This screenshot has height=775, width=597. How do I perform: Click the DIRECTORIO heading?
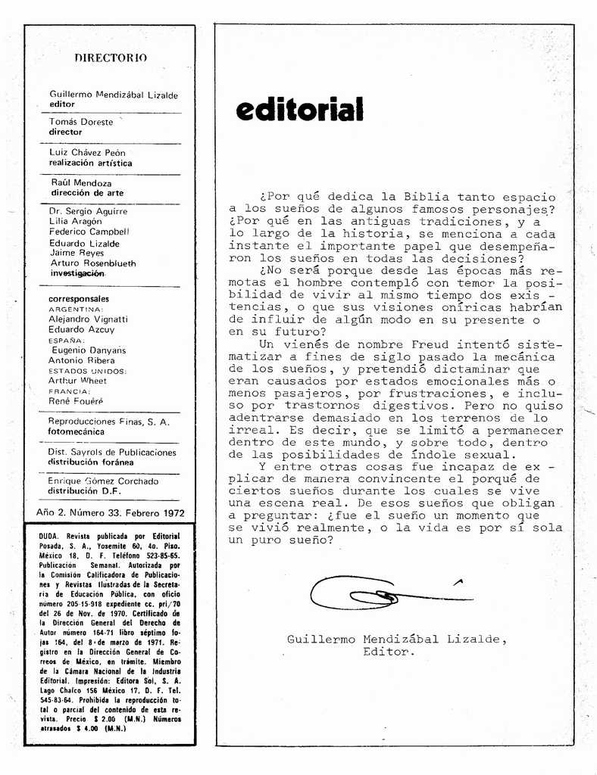click(x=111, y=58)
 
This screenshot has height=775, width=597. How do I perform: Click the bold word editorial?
click(x=299, y=110)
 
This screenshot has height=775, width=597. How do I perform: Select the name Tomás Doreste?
click(x=81, y=122)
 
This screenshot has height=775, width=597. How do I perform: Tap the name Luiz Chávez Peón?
click(x=87, y=152)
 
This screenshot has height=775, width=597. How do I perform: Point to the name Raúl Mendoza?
click(x=81, y=183)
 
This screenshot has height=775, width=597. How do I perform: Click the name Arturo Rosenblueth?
click(x=92, y=263)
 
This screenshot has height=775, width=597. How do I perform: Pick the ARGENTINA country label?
click(x=76, y=310)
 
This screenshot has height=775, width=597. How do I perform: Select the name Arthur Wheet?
click(x=77, y=381)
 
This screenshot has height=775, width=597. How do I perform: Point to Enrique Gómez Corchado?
click(x=103, y=481)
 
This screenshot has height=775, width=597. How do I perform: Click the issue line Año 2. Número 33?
click(x=111, y=512)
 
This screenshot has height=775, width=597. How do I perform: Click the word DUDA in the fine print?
click(x=50, y=536)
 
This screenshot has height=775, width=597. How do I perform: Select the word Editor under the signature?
click(x=389, y=651)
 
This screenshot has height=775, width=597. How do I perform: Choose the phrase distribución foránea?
click(x=90, y=462)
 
